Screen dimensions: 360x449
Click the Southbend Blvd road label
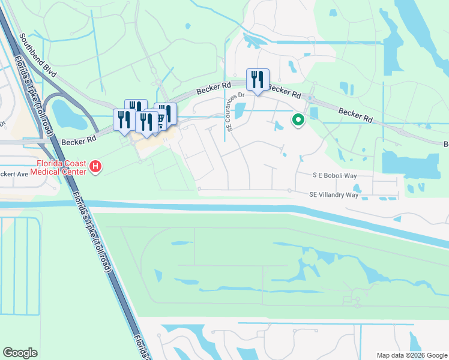click(38, 53)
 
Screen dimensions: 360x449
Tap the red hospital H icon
click(94, 166)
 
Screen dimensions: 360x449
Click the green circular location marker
click(298, 120)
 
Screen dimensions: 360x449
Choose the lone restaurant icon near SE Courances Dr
click(258, 79)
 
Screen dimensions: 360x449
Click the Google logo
click(20, 353)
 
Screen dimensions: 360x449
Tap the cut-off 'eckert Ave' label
click(14, 174)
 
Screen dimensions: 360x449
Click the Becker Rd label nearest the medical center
click(79, 140)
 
